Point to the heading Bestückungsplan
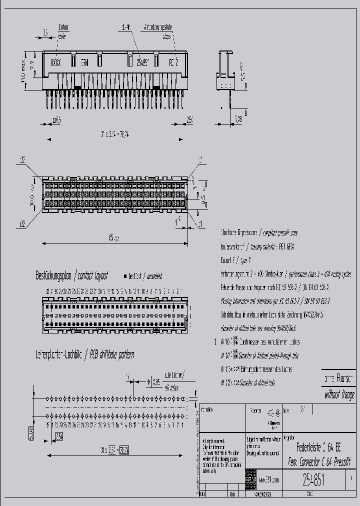(x=52, y=275)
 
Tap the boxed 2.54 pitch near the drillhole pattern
(x=59, y=436)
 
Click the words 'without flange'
(x=339, y=394)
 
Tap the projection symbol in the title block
(x=272, y=413)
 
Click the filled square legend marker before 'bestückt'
(x=125, y=276)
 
